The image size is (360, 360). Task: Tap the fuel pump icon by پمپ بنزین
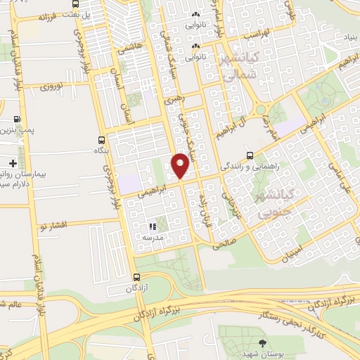[16, 119]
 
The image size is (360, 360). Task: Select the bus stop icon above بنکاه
[102, 139]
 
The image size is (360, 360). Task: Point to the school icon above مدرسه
[151, 226]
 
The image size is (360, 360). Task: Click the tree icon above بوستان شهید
[262, 343]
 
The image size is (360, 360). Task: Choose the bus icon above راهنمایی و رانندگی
[250, 155]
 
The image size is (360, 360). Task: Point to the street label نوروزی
[51, 86]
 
